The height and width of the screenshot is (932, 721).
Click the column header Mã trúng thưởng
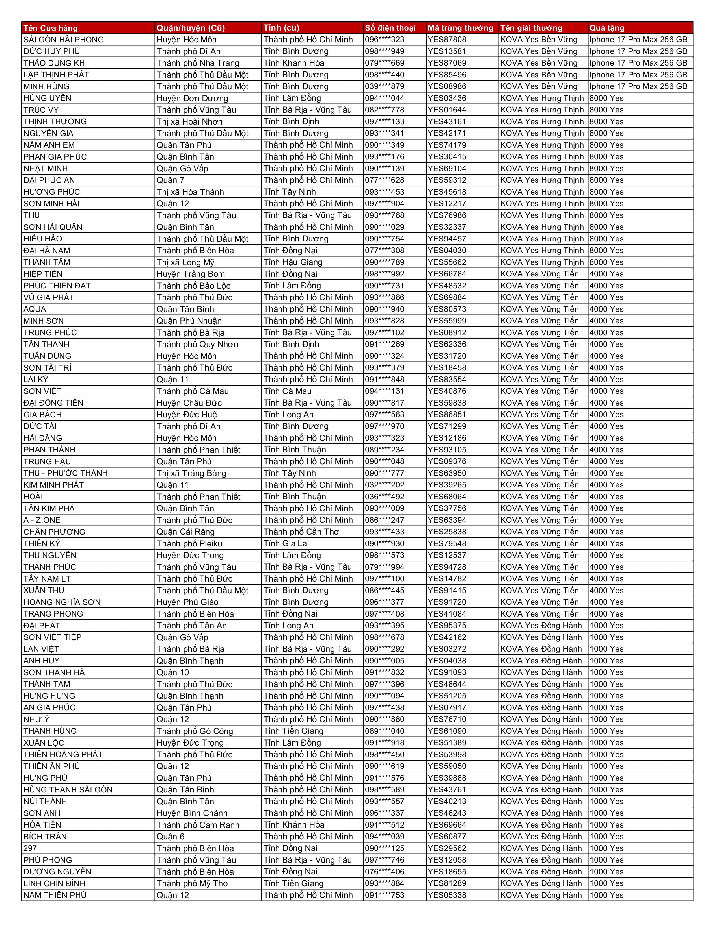pos(460,28)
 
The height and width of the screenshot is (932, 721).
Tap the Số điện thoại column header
pos(390,28)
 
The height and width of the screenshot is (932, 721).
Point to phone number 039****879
pos(385,86)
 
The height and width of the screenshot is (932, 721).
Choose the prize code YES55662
pos(447,262)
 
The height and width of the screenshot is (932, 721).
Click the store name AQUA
pos(34,309)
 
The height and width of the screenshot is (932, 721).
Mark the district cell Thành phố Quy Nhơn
pos(197,344)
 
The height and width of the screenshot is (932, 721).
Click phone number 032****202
pos(385,485)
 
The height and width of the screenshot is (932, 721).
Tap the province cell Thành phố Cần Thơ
pos(301,532)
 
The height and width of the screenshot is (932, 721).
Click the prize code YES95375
pos(447,626)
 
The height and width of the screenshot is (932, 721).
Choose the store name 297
pos(30,848)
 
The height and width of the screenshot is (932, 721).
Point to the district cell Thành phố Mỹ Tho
pos(192,883)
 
